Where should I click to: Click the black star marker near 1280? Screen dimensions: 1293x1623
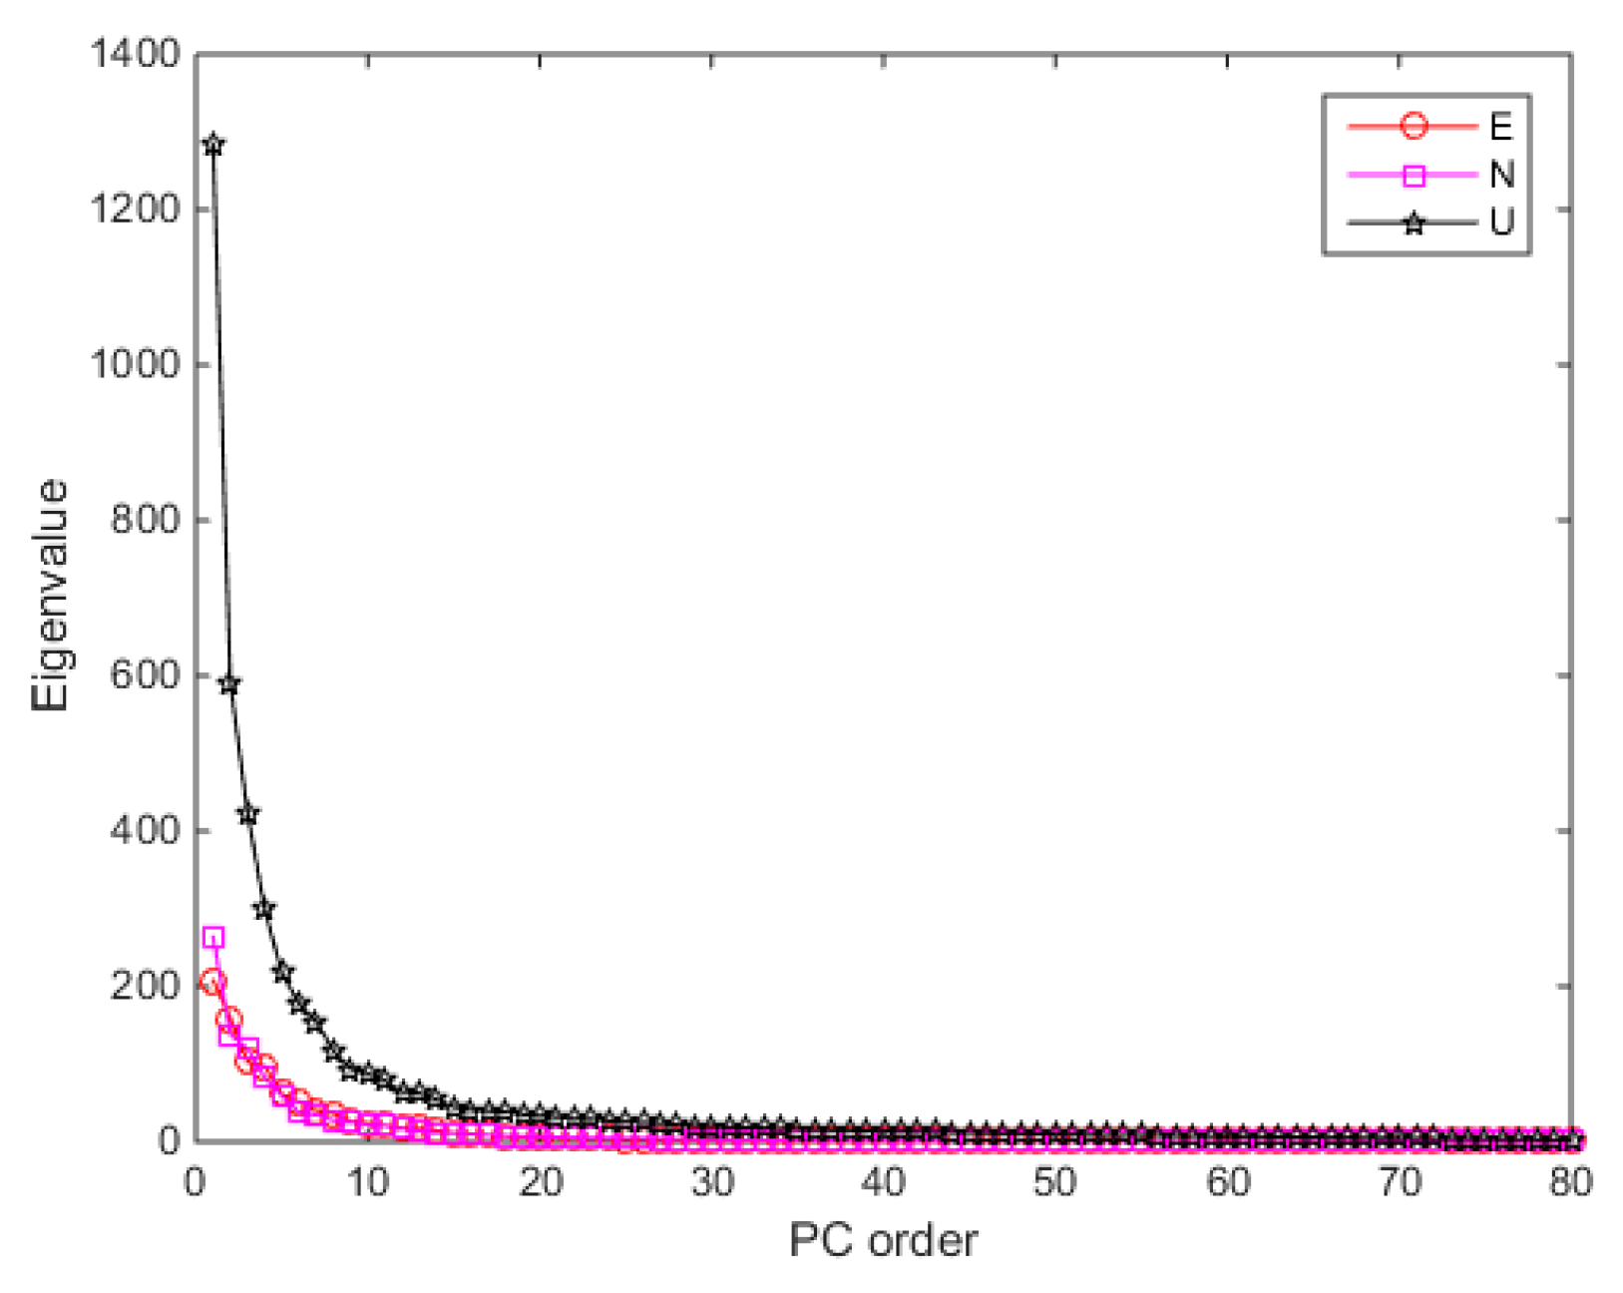pyautogui.click(x=212, y=145)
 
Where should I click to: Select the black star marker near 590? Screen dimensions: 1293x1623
pyautogui.click(x=229, y=684)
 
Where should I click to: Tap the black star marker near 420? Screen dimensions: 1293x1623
pyautogui.click(x=247, y=814)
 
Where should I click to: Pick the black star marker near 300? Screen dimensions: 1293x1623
pyautogui.click(x=264, y=909)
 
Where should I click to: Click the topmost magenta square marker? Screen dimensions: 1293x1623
pyautogui.click(x=212, y=938)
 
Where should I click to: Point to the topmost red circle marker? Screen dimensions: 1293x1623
pyautogui.click(x=212, y=981)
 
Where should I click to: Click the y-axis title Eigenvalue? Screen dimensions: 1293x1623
pyautogui.click(x=50, y=596)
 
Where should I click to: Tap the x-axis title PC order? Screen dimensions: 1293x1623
pyautogui.click(x=883, y=1240)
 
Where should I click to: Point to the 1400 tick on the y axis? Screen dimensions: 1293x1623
pyautogui.click(x=134, y=54)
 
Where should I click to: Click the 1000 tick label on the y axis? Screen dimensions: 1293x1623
pyautogui.click(x=134, y=364)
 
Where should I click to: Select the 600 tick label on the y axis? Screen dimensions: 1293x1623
pyautogui.click(x=146, y=675)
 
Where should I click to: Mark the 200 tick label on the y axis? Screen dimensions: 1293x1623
pyautogui.click(x=146, y=986)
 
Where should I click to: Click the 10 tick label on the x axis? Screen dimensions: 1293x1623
pyautogui.click(x=367, y=1183)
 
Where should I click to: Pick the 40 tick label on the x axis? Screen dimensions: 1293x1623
pyautogui.click(x=883, y=1183)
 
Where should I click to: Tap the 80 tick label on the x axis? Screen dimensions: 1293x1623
pyautogui.click(x=1570, y=1183)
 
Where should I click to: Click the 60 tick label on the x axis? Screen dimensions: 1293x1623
pyautogui.click(x=1227, y=1183)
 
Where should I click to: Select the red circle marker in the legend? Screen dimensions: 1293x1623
pyautogui.click(x=1414, y=127)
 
